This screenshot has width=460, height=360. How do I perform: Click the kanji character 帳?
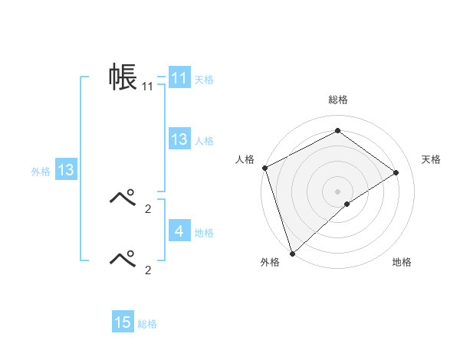point(122,77)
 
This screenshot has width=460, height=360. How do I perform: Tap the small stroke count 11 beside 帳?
point(147,87)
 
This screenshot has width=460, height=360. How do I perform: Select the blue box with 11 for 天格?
point(179,78)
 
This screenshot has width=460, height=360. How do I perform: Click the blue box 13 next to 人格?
point(179,139)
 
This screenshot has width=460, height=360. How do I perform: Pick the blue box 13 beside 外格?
point(66,170)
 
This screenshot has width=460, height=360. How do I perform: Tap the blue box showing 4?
point(179,231)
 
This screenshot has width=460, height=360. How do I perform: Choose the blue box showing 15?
point(123,322)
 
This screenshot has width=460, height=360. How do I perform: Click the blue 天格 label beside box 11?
point(204,80)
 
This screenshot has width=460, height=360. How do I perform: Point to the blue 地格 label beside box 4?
point(204,232)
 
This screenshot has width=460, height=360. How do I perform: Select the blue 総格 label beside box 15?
point(147,324)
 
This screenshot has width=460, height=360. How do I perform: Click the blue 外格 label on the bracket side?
point(41,172)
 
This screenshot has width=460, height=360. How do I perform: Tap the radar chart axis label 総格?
point(338,100)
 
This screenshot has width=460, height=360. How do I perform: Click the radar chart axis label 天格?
point(432,159)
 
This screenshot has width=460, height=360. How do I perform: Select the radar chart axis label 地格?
point(402,262)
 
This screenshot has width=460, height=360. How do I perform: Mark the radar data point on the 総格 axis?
point(338,131)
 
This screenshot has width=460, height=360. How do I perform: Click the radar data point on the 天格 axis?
point(396,172)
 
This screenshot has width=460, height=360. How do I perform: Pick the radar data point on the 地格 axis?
point(347,204)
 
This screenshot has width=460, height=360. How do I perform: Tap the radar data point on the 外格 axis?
point(292,253)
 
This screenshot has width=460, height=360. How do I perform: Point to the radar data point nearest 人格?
point(264,168)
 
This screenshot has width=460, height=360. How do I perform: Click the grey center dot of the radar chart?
point(338,191)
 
